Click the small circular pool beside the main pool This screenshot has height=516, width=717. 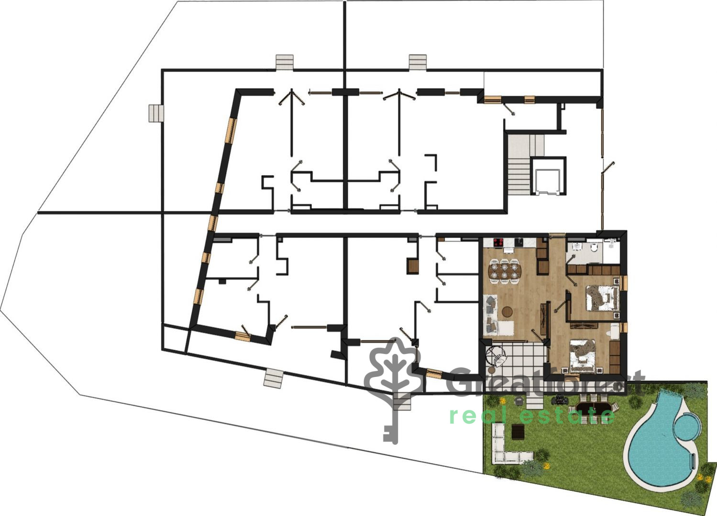(685, 427)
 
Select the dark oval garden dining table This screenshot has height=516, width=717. (593, 408)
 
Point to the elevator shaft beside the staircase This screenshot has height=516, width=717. (548, 176)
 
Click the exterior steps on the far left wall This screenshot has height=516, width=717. (156, 114)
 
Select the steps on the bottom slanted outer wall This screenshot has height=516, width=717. (273, 378)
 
